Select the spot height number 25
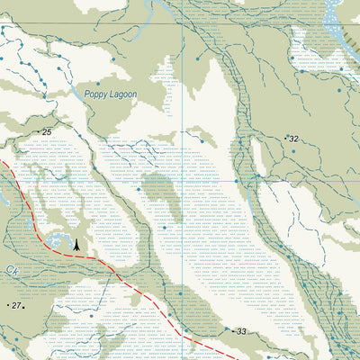(47, 132)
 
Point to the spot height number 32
(293, 139)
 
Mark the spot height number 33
(240, 332)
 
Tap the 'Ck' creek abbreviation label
(10, 269)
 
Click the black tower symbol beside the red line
(76, 243)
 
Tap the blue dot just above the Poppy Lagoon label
(112, 60)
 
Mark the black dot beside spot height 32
(286, 138)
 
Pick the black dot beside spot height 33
(232, 332)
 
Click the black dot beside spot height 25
(40, 132)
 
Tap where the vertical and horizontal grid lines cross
(184, 22)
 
